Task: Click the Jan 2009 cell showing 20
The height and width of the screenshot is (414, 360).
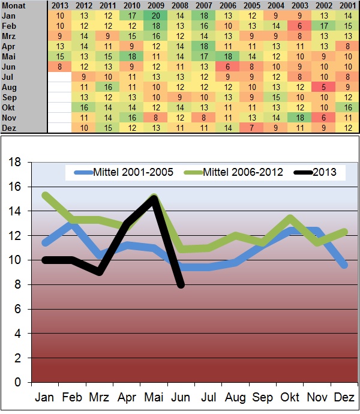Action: pyautogui.click(x=155, y=15)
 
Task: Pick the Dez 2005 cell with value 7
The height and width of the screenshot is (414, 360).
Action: pyautogui.click(x=253, y=128)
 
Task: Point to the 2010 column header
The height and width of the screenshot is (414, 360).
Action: pyautogui.click(x=131, y=5)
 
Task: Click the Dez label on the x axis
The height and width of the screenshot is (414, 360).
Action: pyautogui.click(x=344, y=398)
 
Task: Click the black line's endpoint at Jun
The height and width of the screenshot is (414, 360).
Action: pyautogui.click(x=181, y=284)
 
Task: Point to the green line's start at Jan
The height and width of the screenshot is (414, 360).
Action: pyautogui.click(x=44, y=194)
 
